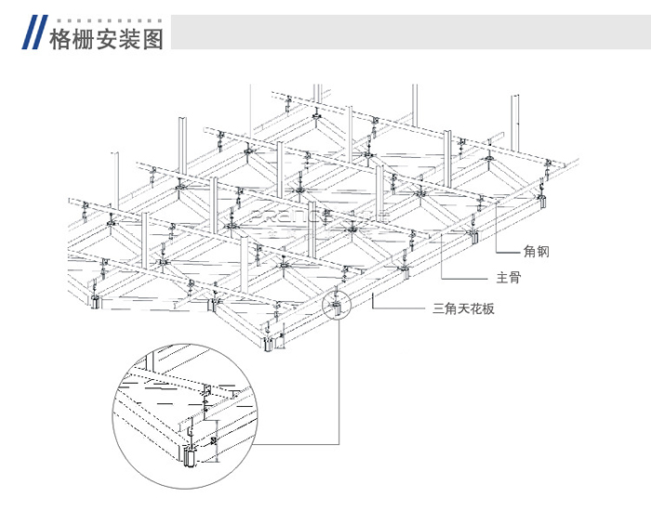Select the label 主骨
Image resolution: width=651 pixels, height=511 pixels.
[x=508, y=278]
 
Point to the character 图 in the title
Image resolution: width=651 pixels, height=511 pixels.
[x=153, y=38]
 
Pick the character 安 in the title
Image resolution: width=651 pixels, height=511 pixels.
[x=107, y=38]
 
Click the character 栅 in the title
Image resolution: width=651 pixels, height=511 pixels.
[x=84, y=38]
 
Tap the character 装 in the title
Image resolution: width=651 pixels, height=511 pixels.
[x=130, y=38]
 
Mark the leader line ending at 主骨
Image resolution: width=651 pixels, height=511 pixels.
[x=465, y=278]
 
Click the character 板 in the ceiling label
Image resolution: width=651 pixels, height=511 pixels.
[x=488, y=308]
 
